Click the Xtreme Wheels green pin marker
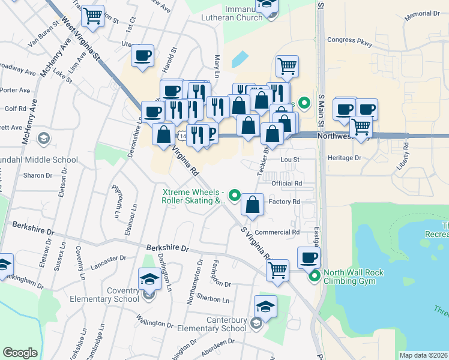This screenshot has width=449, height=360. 235,196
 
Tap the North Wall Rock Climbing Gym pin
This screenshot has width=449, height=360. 314,277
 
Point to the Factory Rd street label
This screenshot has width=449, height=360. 284,202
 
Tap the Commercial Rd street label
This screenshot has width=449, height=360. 277,232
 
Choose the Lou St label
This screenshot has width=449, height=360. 290,160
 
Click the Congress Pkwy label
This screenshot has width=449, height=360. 350,42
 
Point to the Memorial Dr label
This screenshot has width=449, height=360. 423,13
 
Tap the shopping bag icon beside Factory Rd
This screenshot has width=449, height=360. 253,205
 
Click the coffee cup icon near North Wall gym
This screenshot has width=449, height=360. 309,258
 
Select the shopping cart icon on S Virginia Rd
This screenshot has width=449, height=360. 277,270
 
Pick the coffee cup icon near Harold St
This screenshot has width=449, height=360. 143,56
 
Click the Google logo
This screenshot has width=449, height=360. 20,353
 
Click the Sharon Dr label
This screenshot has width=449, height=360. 38,175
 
